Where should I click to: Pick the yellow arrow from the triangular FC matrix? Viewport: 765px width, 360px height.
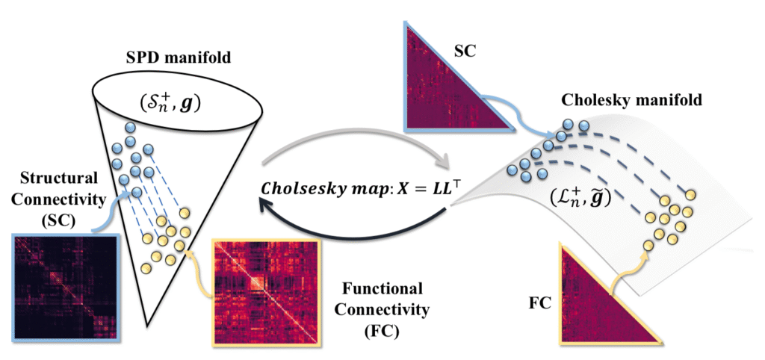631,265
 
